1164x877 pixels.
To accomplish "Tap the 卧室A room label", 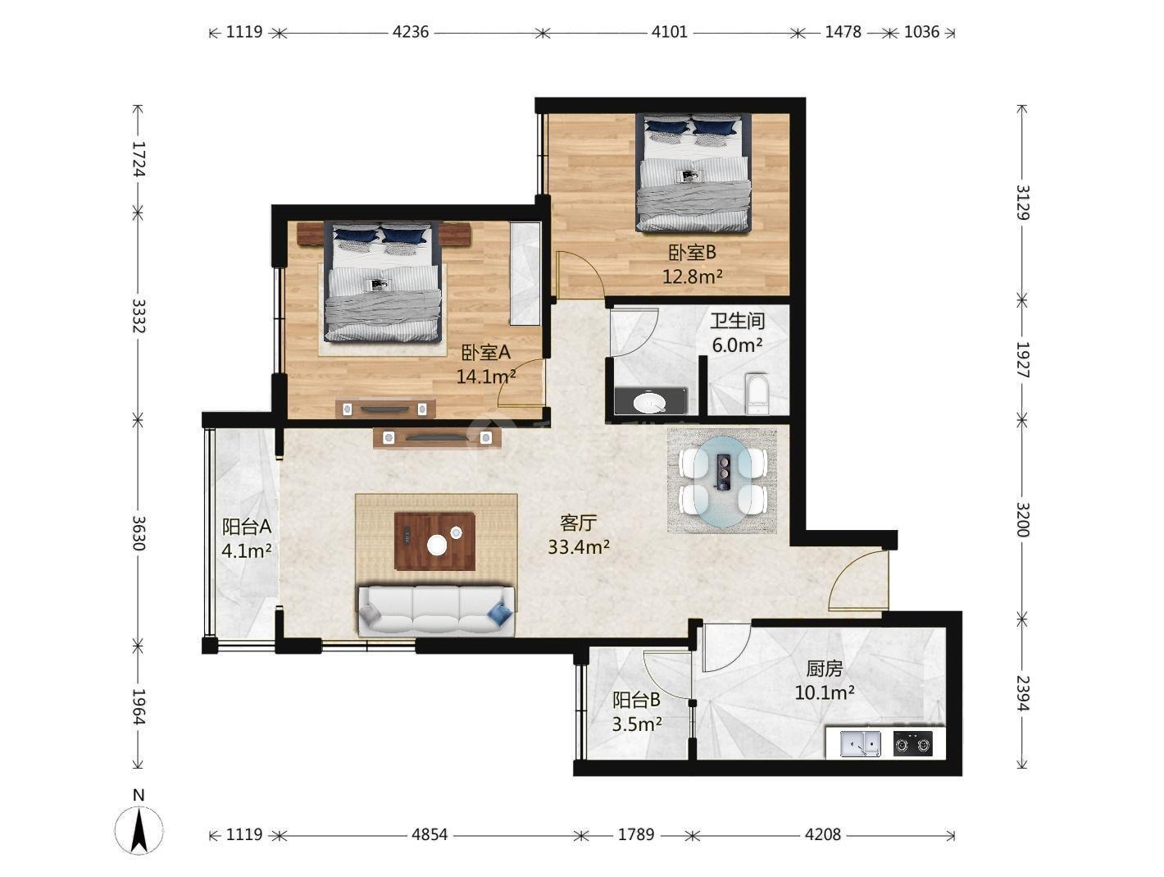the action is click(485, 351).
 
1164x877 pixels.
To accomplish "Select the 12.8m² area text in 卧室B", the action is click(693, 276).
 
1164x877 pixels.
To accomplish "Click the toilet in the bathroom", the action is click(757, 394).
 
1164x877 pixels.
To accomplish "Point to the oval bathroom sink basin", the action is click(649, 403).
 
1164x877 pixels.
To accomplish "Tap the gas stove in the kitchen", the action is click(912, 743).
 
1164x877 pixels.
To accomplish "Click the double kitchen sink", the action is click(860, 743).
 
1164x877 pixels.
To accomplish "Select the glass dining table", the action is click(723, 482).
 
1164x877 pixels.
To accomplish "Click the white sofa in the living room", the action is click(436, 610).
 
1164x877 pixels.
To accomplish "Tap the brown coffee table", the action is click(434, 541).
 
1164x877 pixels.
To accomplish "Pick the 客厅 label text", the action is click(579, 523).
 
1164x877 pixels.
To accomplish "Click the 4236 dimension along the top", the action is click(411, 32).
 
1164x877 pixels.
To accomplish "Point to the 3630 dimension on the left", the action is click(139, 532).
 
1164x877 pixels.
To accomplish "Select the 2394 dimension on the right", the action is click(1022, 693).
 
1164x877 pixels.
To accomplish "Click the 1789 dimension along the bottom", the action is click(636, 834).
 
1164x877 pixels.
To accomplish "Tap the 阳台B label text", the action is click(636, 700).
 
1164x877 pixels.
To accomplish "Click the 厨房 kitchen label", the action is click(824, 669).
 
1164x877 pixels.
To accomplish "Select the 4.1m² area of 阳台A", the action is click(247, 550).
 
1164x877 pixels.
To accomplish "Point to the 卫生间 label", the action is click(738, 321).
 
